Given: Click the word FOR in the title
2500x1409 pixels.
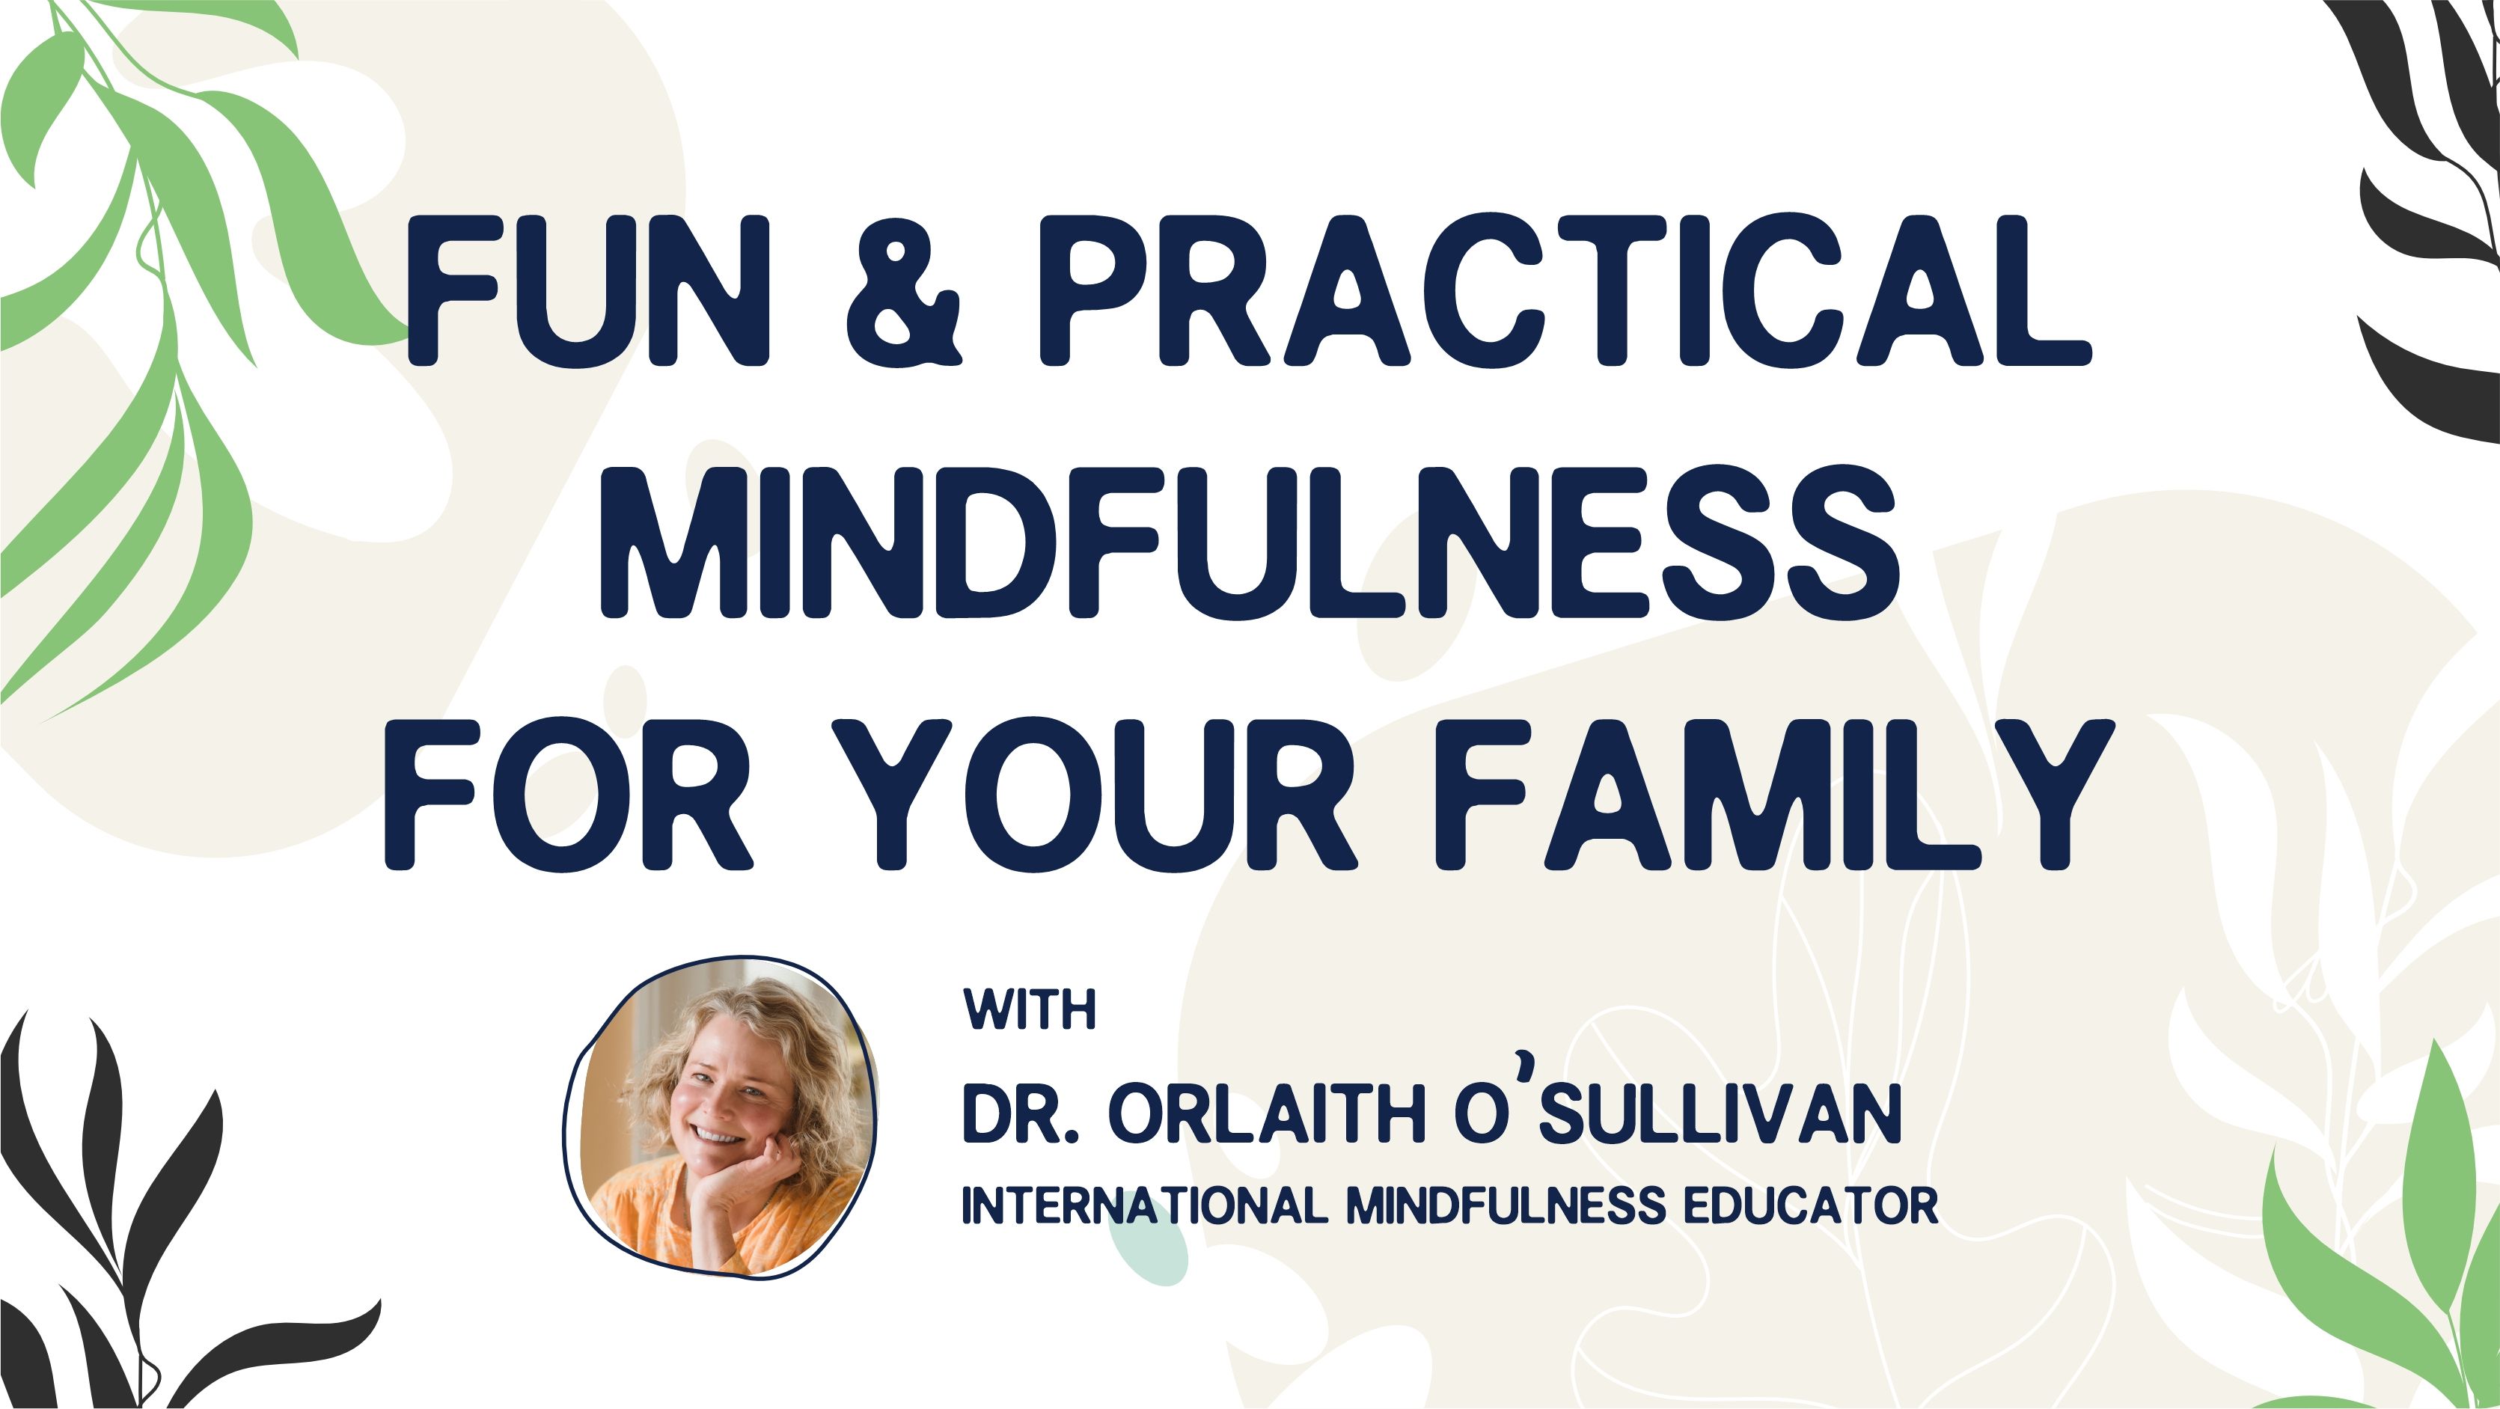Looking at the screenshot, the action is (569, 795).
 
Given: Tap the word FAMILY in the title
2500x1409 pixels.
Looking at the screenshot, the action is (1774, 795).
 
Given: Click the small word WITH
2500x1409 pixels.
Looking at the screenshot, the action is (1030, 1009).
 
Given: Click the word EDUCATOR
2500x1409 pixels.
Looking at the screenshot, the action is (1811, 1205).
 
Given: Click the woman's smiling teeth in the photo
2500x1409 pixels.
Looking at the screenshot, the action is (718, 1135).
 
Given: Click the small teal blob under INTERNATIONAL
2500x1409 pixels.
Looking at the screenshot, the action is (1148, 1247).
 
